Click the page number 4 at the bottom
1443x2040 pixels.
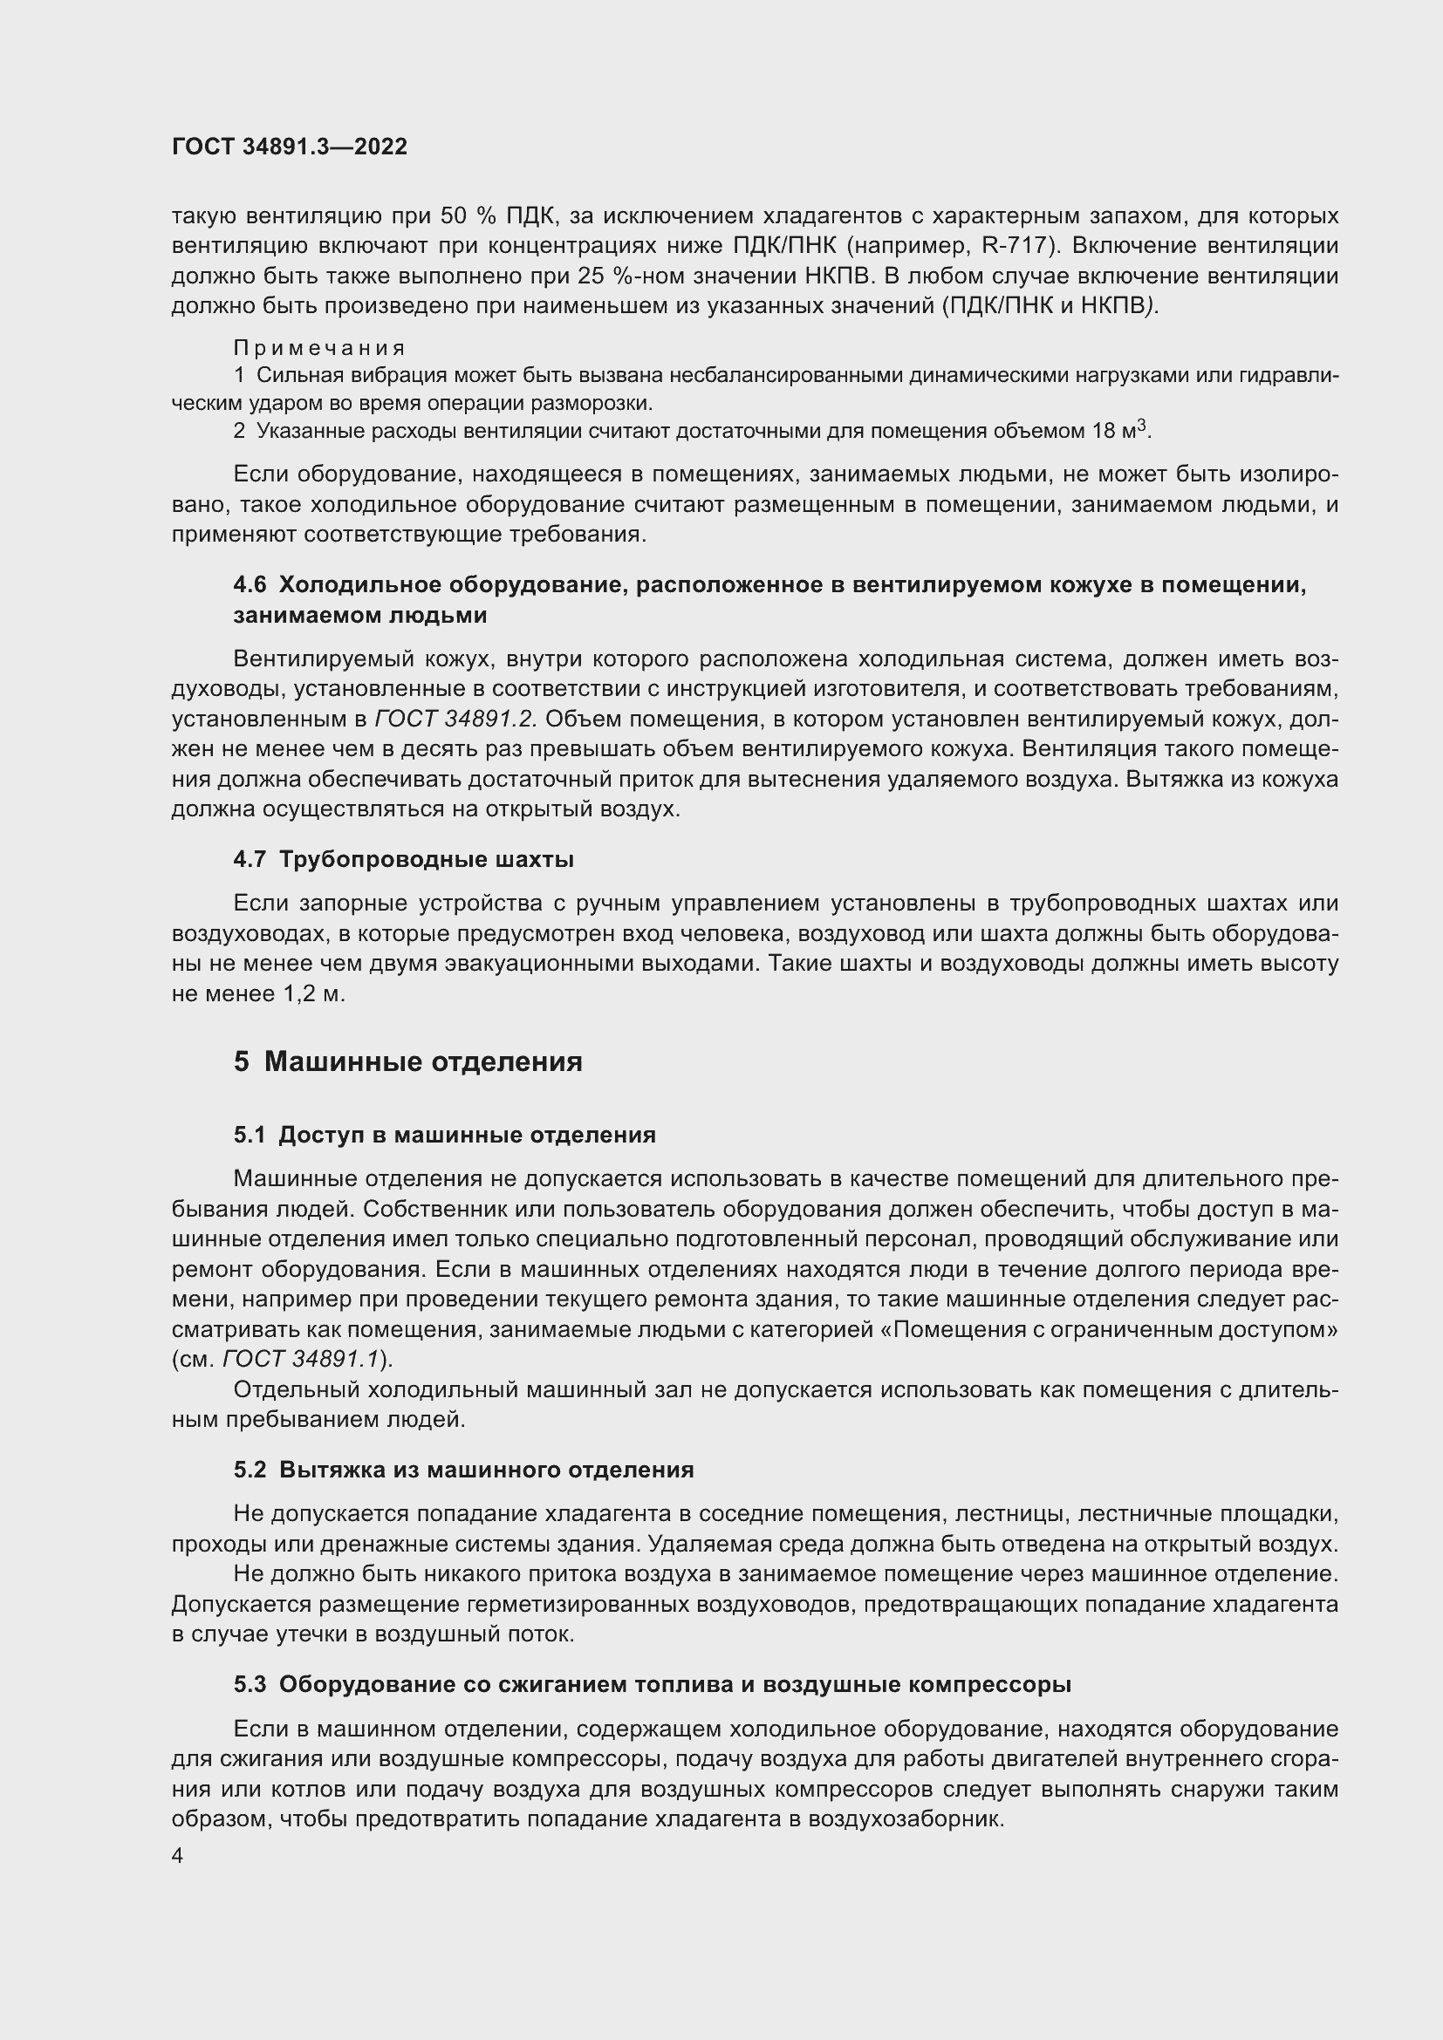178,1856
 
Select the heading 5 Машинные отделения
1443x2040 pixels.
407,1061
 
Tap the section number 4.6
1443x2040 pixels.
250,584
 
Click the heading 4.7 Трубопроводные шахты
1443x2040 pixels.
403,859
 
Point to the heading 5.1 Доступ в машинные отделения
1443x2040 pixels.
444,1135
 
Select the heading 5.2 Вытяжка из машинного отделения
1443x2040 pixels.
464,1470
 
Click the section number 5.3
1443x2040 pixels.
250,1685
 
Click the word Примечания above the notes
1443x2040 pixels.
319,347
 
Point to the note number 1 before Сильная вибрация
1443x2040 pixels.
239,375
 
